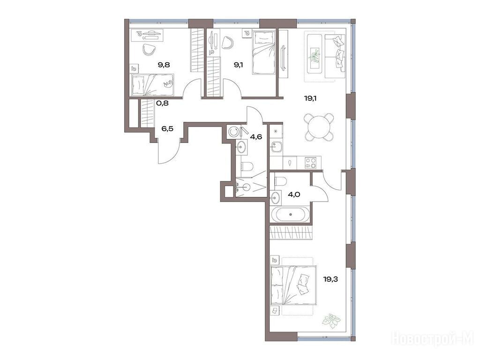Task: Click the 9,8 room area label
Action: click(x=164, y=65)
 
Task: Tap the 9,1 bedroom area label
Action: click(x=239, y=65)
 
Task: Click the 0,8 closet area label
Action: click(x=163, y=103)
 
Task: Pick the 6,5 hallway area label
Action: click(x=167, y=128)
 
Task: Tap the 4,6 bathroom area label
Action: click(x=256, y=136)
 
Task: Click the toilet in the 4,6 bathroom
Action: click(x=247, y=166)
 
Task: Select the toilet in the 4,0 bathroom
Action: click(x=280, y=181)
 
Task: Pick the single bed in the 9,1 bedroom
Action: click(x=263, y=53)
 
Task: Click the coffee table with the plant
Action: click(x=314, y=54)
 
